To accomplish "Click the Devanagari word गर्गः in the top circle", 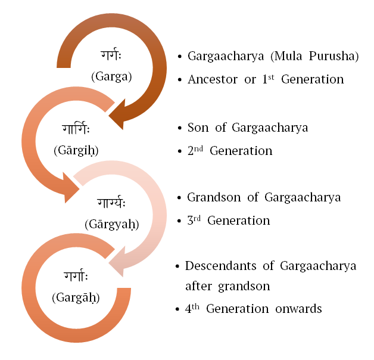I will click(x=113, y=57).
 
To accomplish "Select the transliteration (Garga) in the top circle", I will click(x=113, y=76).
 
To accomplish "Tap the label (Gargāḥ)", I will click(x=75, y=296).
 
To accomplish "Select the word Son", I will click(x=198, y=128).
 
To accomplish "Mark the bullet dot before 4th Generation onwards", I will click(x=179, y=309).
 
